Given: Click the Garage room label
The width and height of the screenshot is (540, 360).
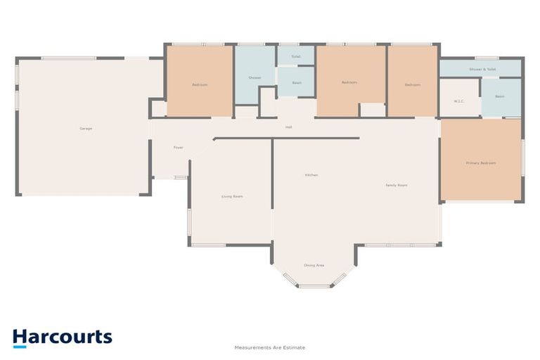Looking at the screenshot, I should click(86, 129).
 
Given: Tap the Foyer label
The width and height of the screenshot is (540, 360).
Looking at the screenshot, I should click(179, 148).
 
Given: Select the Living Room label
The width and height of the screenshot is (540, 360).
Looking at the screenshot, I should click(232, 196).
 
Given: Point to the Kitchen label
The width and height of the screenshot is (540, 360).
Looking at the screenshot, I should click(311, 174).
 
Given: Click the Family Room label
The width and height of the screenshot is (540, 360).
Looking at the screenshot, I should click(397, 185).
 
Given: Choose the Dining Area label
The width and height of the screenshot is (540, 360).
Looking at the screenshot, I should click(314, 265).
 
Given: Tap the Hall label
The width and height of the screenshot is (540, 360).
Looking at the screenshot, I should click(288, 127).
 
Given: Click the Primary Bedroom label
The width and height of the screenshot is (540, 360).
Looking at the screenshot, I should click(481, 163).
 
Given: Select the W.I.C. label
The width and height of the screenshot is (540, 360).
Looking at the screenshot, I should click(459, 101).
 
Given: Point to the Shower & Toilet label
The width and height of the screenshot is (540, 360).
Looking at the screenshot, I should click(482, 70).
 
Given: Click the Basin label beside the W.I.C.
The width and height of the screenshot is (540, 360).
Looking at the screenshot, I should click(500, 96).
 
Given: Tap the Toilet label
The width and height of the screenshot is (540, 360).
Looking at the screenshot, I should click(296, 56).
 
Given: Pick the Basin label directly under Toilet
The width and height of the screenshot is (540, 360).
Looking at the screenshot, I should click(296, 83).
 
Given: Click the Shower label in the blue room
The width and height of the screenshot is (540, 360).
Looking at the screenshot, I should click(255, 78).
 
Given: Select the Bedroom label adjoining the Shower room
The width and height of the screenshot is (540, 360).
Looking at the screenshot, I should click(200, 85).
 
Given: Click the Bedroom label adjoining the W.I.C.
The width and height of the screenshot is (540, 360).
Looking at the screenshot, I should click(412, 85).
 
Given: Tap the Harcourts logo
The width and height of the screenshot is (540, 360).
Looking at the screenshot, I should click(62, 337).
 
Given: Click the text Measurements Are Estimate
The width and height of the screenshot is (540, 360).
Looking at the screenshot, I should click(269, 347).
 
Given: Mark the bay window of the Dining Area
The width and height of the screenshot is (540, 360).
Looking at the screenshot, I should click(314, 285).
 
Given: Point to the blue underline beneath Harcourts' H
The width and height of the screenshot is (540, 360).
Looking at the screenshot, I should click(20, 346).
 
